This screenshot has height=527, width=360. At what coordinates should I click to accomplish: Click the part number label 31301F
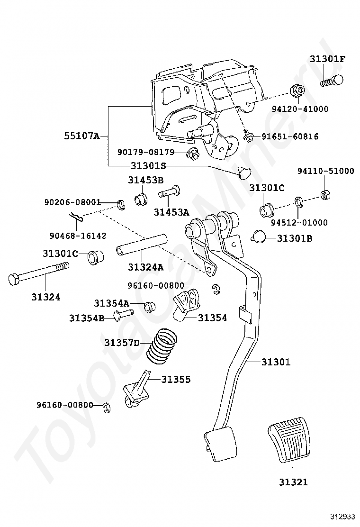click(x=327, y=59)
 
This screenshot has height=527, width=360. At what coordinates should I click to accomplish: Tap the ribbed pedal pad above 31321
click(x=288, y=440)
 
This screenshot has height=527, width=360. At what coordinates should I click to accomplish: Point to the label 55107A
click(x=82, y=136)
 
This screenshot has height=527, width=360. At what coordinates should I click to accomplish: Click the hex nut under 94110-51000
click(x=325, y=194)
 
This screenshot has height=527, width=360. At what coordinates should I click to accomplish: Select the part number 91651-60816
click(x=290, y=137)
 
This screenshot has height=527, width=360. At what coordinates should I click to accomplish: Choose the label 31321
click(x=293, y=482)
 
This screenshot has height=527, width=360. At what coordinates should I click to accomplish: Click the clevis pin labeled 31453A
click(x=170, y=192)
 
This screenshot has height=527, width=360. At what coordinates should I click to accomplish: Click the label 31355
click(x=176, y=379)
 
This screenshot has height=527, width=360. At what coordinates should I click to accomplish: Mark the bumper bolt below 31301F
click(x=332, y=81)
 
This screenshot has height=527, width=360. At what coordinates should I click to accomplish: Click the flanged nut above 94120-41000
click(x=297, y=91)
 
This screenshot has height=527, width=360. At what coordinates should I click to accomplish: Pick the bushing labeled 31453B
click(x=140, y=199)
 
